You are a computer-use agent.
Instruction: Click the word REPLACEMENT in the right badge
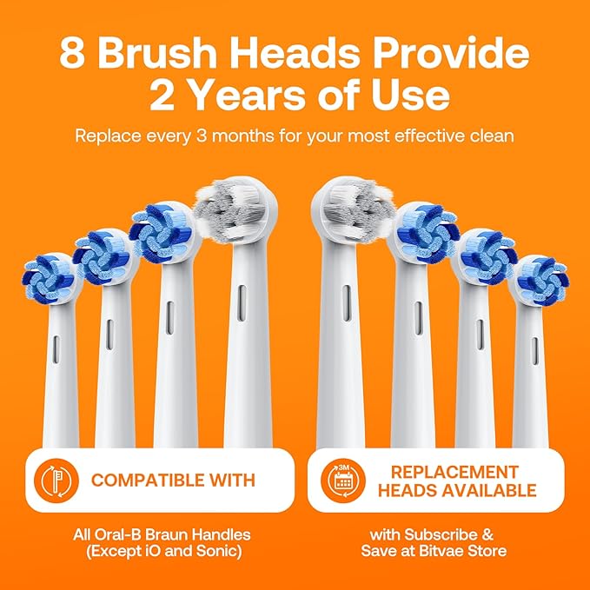coord(454,471)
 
